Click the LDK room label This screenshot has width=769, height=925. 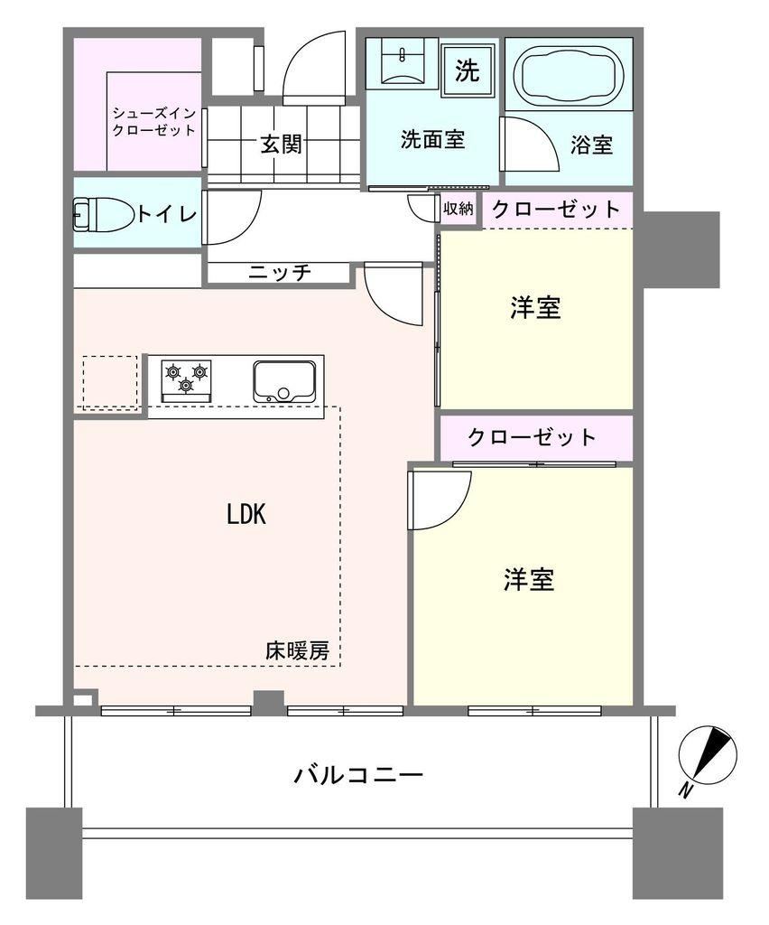246,514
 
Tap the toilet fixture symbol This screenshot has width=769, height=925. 102,213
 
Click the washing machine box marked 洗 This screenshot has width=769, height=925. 468,70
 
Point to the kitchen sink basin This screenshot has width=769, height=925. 284,382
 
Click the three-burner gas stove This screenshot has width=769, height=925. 187,380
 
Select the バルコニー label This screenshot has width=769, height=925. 359,774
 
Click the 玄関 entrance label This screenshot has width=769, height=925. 282,144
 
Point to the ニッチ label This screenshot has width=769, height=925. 279,273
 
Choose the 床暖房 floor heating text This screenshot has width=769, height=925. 297,650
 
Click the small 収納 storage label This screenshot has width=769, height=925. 458,209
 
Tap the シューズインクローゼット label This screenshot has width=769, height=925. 153,122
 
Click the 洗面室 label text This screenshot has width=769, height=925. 432,139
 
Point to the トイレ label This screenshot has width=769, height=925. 167,213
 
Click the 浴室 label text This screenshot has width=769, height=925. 591,145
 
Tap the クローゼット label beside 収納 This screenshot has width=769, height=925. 556,209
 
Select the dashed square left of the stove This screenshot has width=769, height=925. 110,382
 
